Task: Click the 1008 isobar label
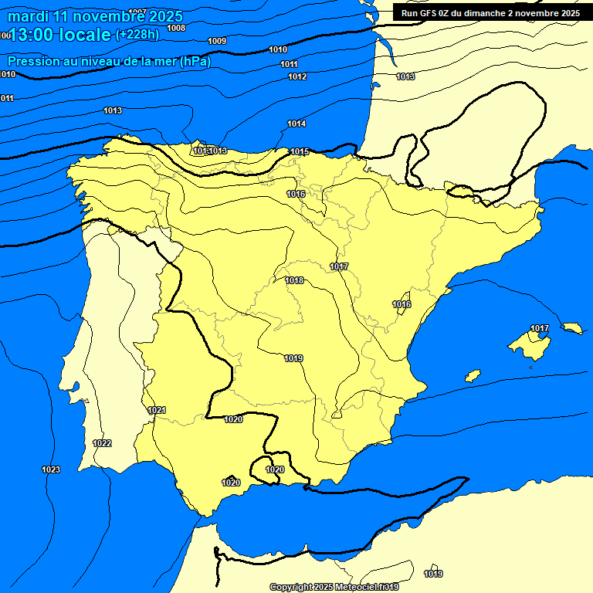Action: (176, 28)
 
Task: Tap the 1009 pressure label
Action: (217, 41)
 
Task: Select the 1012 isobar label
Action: (297, 76)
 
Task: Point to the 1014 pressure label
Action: (296, 124)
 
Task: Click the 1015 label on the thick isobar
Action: (300, 152)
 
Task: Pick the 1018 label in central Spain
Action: (294, 281)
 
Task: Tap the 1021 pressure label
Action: (157, 410)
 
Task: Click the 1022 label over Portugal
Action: (102, 443)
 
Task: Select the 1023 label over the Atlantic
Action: (51, 469)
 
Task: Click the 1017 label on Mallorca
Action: (540, 329)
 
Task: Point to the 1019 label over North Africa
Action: (433, 574)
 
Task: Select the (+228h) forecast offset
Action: (139, 34)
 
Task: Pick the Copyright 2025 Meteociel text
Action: (334, 587)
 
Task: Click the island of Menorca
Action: (572, 328)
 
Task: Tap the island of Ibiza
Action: (473, 376)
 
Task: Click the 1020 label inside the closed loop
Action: (275, 469)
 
